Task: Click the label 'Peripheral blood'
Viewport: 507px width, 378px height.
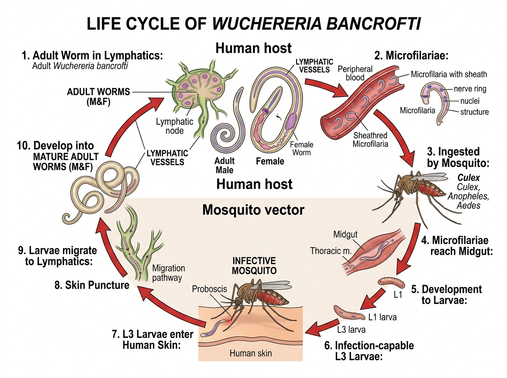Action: tap(355, 73)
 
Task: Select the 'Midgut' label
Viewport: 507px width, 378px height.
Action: tap(346, 235)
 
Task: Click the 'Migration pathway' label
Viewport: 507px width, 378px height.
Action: tap(168, 273)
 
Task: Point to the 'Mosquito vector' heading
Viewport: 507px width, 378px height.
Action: tap(253, 210)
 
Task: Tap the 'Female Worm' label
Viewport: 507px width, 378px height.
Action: tap(302, 148)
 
